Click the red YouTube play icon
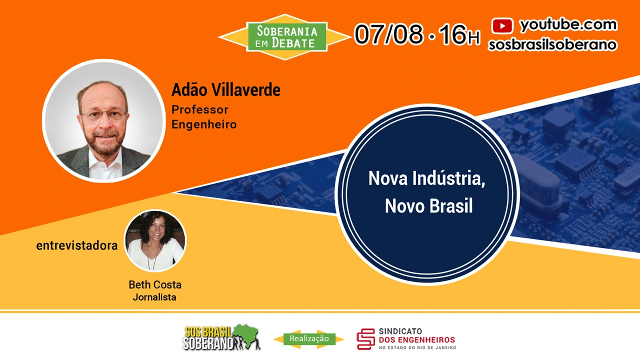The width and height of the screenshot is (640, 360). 502,25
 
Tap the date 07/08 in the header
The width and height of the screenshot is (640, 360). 388,34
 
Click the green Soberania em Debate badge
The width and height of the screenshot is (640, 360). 287,37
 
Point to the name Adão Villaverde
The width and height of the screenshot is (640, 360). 225,89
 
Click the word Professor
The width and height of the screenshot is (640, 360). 199,109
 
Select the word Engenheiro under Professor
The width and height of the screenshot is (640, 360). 204,124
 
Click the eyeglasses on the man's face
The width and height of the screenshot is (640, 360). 104,115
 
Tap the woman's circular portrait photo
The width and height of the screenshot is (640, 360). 155,241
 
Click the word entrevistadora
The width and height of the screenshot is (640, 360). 77,245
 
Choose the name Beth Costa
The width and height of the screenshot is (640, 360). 155,284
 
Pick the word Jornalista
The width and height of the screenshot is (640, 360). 154,297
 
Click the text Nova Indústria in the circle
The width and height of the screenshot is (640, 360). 427,179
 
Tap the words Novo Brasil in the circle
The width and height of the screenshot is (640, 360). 428,205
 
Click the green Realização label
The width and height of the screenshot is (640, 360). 309,339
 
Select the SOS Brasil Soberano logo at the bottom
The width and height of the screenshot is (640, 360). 221,337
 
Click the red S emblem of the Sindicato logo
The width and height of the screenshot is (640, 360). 365,339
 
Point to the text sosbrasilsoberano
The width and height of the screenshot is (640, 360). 553,45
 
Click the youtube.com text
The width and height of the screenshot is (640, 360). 568,25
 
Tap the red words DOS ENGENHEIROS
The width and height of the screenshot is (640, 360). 417,339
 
